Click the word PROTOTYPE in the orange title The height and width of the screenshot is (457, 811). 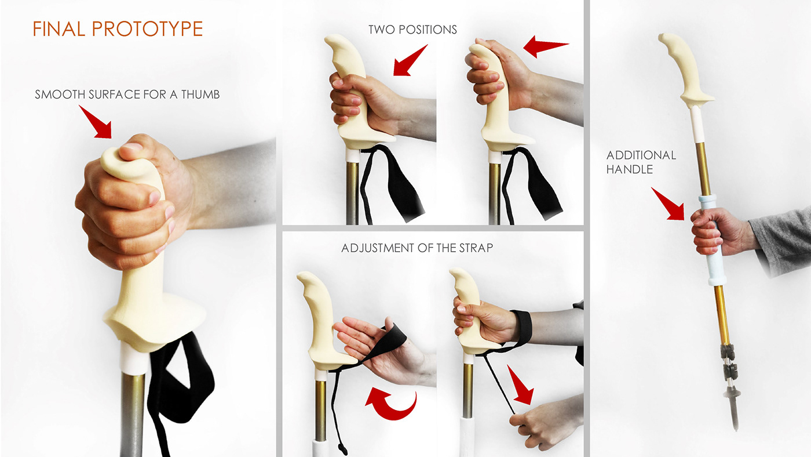pyautogui.click(x=147, y=29)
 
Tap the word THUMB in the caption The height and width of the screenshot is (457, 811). pyautogui.click(x=200, y=95)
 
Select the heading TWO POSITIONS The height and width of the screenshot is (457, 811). pyautogui.click(x=412, y=30)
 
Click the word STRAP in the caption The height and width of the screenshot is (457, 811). pyautogui.click(x=476, y=248)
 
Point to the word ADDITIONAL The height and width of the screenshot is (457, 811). pyautogui.click(x=641, y=155)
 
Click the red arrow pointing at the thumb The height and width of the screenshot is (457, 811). pyautogui.click(x=96, y=122)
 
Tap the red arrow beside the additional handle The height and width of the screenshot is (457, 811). pyautogui.click(x=668, y=204)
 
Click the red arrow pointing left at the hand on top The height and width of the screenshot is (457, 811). pyautogui.click(x=546, y=46)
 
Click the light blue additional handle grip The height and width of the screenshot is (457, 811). pyautogui.click(x=712, y=241)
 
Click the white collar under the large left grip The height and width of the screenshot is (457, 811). pyautogui.click(x=134, y=359)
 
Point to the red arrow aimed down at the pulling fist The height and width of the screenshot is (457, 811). pyautogui.click(x=520, y=385)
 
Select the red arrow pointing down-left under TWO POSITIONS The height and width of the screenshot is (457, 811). pyautogui.click(x=410, y=60)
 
